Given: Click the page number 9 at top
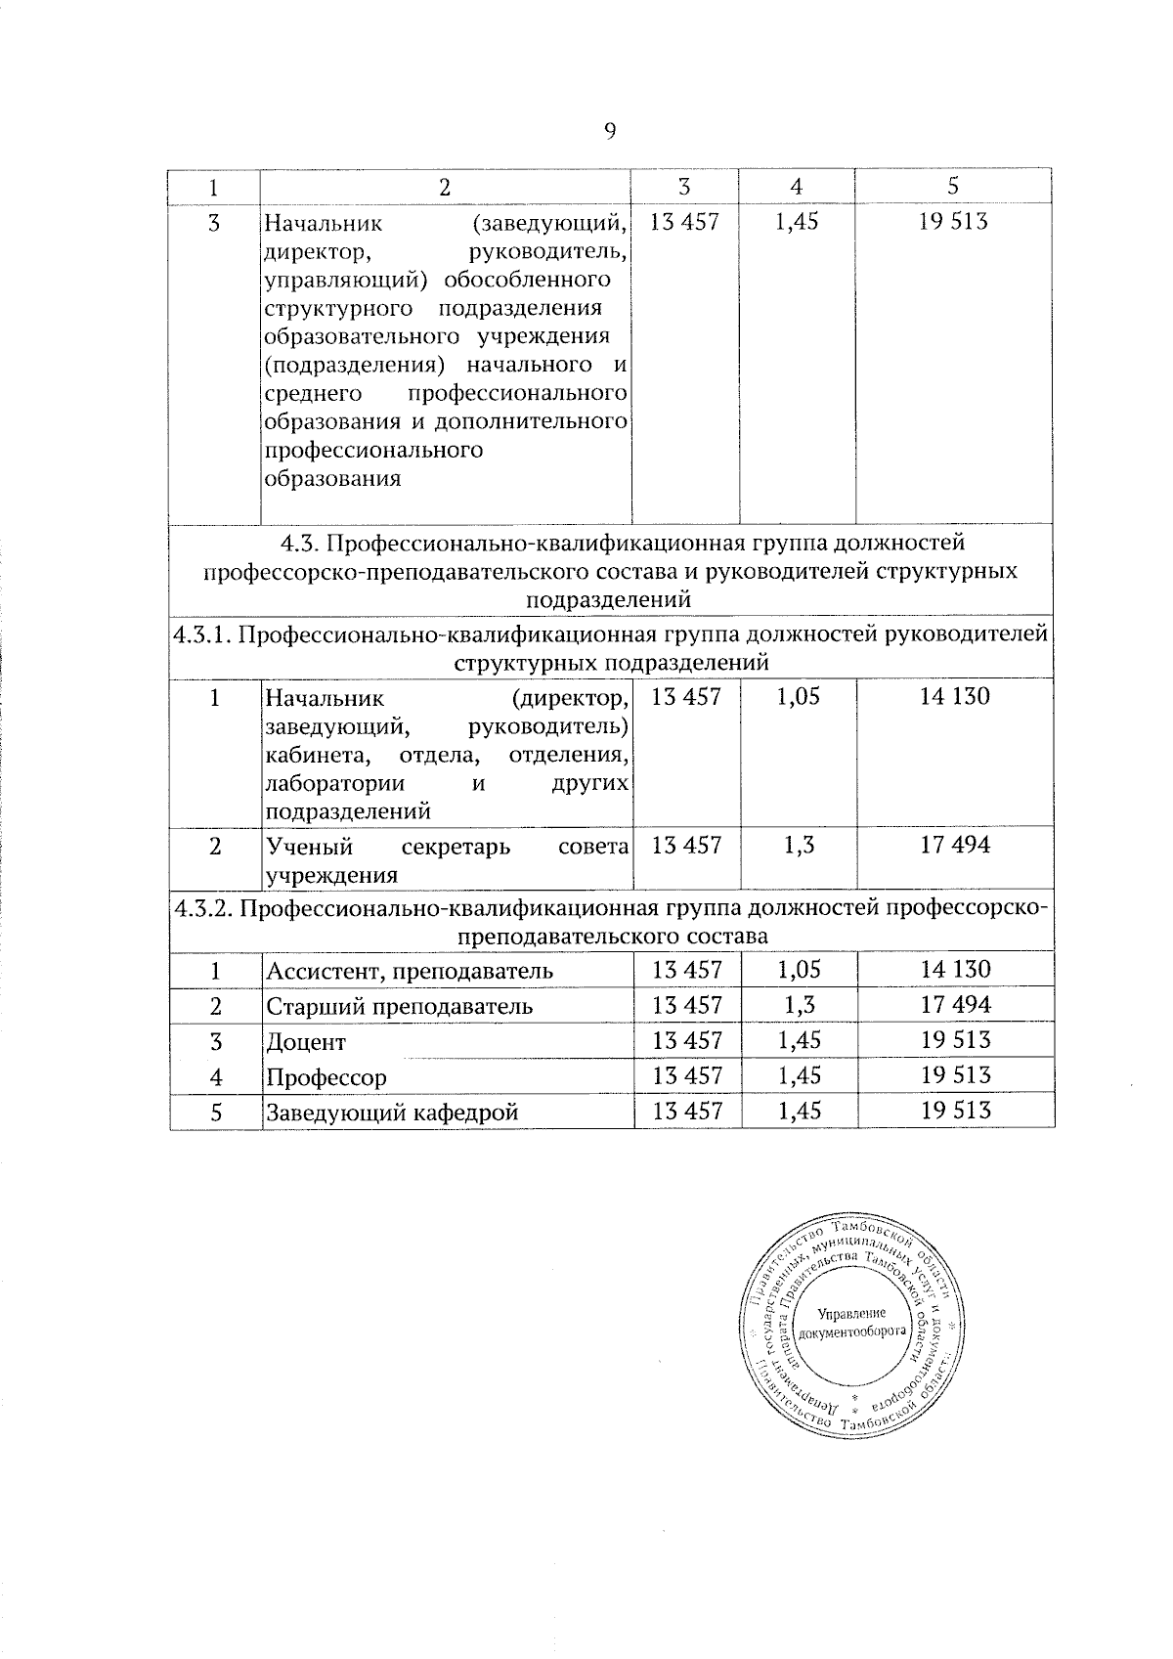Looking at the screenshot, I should point(610,133).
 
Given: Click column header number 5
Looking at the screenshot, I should point(954,186).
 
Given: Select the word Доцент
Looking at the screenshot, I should point(307,1042).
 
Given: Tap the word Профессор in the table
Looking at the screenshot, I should point(326,1077).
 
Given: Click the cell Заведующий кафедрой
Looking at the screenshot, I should point(392,1113).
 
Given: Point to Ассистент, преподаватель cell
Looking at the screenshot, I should point(410,972).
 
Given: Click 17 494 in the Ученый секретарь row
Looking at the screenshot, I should point(955,846).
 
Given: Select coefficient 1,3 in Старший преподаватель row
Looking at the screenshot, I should point(798,1005).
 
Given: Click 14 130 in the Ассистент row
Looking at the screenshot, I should point(955,970).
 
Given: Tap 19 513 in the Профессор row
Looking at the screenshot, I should point(955,1075).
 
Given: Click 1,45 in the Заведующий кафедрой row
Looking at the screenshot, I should point(798,1111).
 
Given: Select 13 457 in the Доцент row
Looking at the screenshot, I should point(687,1040).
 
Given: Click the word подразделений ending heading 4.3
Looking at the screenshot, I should point(610,598).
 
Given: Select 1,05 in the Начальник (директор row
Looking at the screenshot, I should point(798,697).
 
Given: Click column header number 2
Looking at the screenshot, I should point(446,186).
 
